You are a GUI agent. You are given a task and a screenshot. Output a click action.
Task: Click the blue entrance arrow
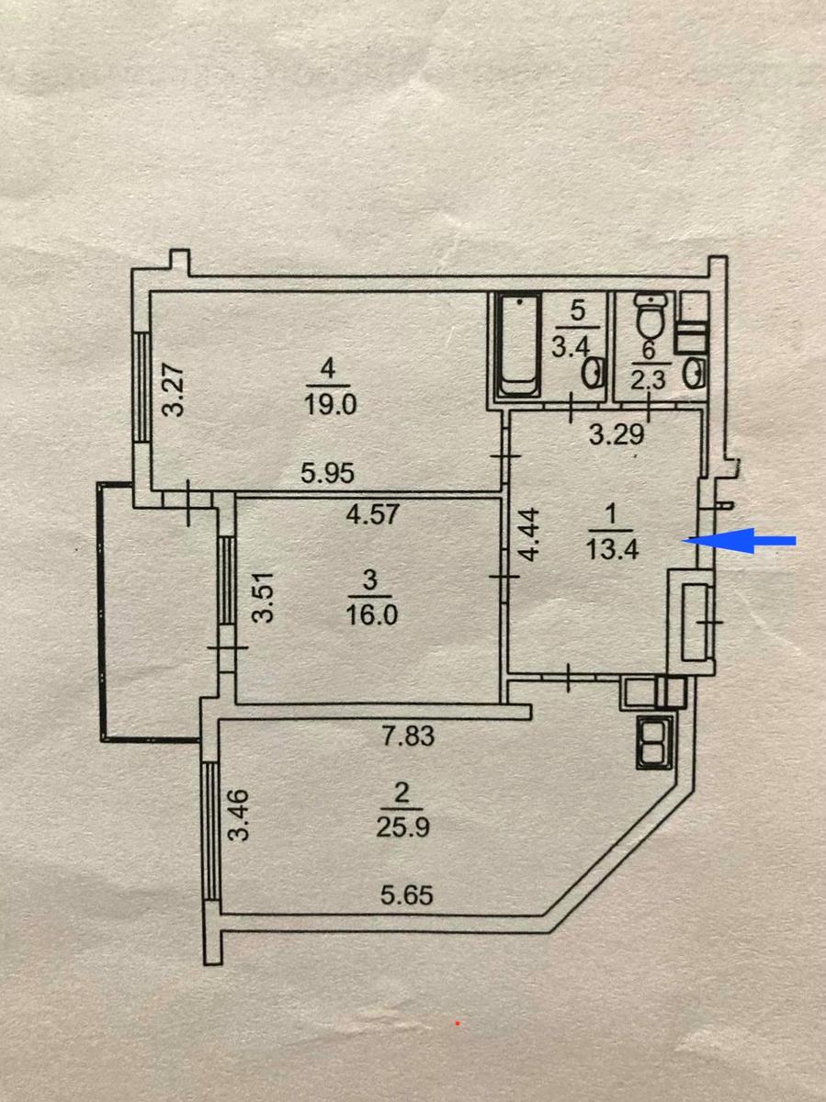click(738, 541)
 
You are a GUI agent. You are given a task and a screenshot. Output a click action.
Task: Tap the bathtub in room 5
click(519, 345)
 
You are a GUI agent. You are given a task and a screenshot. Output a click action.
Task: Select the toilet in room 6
click(651, 315)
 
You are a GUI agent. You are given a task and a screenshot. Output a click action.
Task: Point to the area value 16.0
click(371, 614)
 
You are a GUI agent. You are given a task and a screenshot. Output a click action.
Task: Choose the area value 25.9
click(402, 826)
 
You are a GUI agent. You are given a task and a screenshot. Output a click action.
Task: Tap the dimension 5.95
click(328, 473)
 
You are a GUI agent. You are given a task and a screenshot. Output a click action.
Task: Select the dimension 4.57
click(373, 514)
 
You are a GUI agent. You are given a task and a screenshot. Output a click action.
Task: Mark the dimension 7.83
click(408, 737)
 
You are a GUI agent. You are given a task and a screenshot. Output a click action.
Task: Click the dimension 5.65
click(407, 895)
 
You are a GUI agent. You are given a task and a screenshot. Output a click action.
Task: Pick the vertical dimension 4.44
click(530, 534)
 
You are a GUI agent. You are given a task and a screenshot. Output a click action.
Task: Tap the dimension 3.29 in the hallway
click(617, 434)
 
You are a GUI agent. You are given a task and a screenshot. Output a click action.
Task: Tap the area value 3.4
click(571, 346)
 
